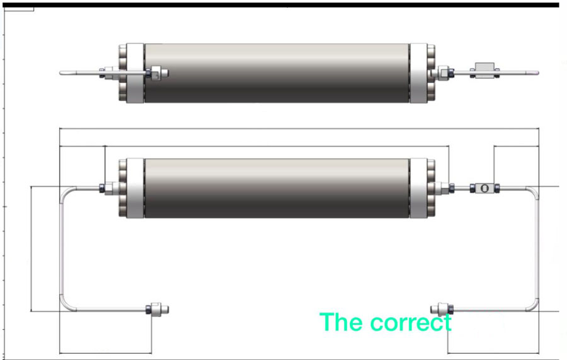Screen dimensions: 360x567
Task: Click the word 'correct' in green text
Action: point(411,323)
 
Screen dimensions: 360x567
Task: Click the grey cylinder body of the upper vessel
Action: point(277,73)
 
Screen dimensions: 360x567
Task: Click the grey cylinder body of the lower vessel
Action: point(277,188)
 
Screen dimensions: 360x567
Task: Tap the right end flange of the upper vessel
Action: point(421,73)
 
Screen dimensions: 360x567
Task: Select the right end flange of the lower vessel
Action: point(421,188)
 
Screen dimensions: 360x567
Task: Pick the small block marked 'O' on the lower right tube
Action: point(484,187)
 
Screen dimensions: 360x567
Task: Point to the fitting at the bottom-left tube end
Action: point(157,309)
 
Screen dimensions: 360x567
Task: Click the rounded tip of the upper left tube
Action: point(62,73)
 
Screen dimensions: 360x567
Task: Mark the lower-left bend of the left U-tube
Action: point(64,304)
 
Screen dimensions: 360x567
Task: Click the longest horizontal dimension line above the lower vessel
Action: point(299,129)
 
